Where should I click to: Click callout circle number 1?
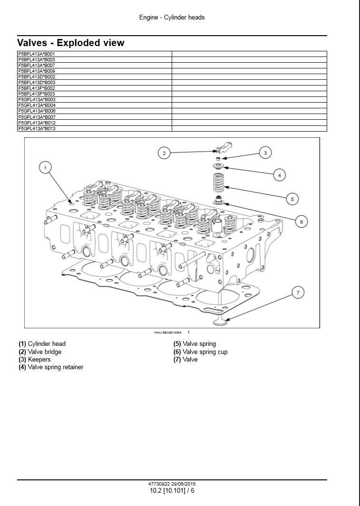coord(45,167)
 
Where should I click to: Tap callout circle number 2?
coord(164,153)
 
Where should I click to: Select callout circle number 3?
coord(265,153)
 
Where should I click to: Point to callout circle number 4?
coord(280,175)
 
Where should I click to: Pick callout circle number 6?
coord(301,221)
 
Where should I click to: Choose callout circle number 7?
coord(298,293)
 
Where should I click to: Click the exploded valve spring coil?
coord(218,183)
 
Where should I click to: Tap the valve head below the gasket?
coord(221,322)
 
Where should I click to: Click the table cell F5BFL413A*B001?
coord(37,54)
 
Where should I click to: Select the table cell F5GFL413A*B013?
coord(37,128)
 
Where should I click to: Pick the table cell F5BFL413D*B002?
coord(37,76)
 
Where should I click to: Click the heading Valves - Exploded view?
coord(71,43)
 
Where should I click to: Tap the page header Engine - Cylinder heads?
coord(172,18)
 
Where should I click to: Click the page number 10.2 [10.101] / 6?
coord(172,491)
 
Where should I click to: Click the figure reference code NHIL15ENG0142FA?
coord(167,333)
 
